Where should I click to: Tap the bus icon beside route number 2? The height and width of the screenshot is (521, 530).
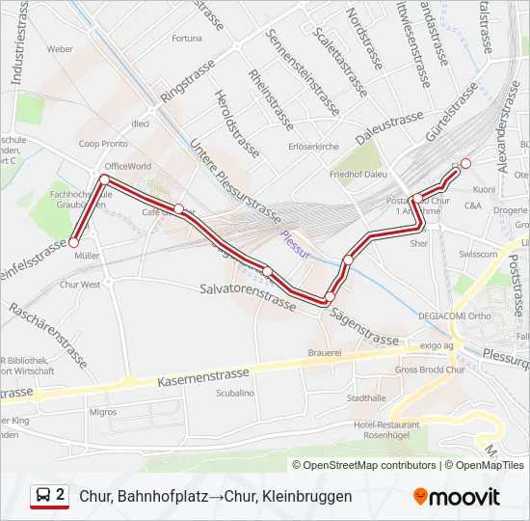[43, 496]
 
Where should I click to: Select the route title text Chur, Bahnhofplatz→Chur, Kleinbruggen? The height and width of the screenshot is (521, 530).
[216, 496]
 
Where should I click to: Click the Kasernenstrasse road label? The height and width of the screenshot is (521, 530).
[201, 375]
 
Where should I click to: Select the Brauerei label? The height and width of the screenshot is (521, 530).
[325, 354]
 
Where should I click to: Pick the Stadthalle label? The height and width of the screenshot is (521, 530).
[365, 398]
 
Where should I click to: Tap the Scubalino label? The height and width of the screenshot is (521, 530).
[235, 393]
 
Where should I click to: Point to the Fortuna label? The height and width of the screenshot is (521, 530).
[186, 39]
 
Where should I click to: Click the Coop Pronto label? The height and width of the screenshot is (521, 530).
[103, 144]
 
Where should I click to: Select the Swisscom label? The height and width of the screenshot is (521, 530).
[478, 255]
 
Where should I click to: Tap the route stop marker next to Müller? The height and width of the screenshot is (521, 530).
[73, 243]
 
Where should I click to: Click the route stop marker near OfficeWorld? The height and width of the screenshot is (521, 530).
[103, 179]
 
